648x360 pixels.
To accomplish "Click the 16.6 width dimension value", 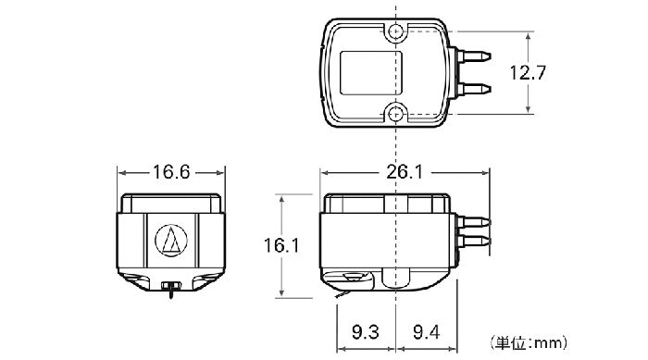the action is point(171,172).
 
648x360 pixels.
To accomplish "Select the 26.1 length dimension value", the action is point(405,172).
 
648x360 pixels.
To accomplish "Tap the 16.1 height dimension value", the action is point(281,245).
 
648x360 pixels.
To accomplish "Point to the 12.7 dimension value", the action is point(528,73).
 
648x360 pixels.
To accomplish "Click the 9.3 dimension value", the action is point(366,332).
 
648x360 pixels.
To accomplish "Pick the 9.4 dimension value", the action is point(427,332).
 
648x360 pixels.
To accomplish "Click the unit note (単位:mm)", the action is point(530,342).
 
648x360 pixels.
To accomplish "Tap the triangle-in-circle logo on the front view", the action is point(171,240).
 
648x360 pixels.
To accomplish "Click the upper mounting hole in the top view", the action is point(396,31).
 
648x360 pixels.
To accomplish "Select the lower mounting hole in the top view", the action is point(396,113).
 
